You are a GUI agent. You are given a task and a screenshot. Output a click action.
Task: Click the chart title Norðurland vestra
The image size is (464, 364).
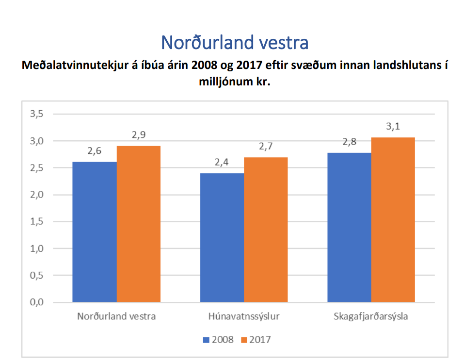coord(235,43)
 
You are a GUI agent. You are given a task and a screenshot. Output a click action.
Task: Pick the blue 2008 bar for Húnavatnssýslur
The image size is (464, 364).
coord(222,238)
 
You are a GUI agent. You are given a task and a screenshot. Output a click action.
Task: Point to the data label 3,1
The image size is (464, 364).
coord(393,127)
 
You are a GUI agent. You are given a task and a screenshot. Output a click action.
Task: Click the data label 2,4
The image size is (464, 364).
coord(222,163)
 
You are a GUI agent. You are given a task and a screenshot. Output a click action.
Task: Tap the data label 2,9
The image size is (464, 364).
coord(139,135)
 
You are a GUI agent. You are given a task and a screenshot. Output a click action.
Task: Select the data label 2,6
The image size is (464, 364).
coord(95,151)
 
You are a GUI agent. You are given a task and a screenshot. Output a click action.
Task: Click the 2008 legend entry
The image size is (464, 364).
coord(218,340)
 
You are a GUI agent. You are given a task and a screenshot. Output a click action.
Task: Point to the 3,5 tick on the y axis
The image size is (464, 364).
coord(37,114)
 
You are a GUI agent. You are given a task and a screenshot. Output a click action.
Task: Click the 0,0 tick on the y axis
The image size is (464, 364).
coord(37,302)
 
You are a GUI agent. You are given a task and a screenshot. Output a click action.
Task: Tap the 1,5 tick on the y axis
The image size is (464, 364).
coord(37,222)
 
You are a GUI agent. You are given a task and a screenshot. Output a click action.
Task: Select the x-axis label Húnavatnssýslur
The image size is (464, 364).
coord(244,317)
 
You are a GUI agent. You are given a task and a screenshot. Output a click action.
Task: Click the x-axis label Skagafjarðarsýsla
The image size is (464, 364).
coord(371,317)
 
